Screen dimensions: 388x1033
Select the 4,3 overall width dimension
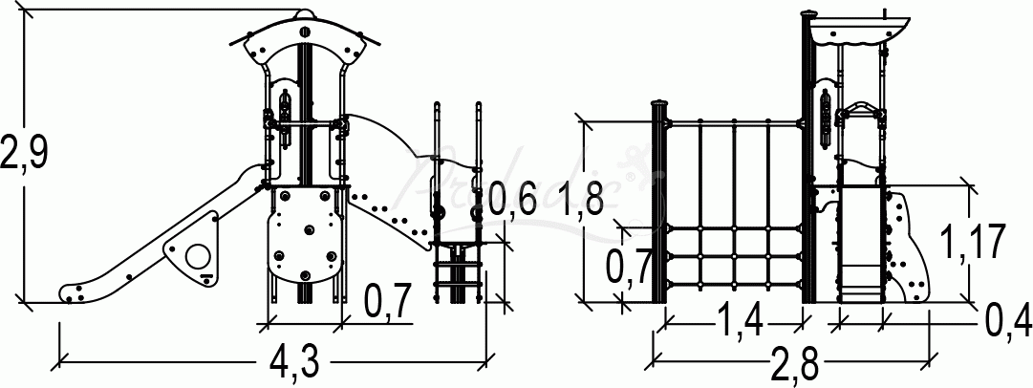pyautogui.click(x=292, y=363)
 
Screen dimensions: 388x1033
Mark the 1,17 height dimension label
pyautogui.click(x=970, y=241)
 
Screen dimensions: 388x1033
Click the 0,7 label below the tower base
pyautogui.click(x=388, y=302)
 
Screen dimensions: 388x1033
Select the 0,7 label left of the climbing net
pyautogui.click(x=631, y=269)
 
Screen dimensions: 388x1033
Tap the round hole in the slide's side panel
pyautogui.click(x=198, y=255)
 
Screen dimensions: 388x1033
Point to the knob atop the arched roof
pyautogui.click(x=305, y=13)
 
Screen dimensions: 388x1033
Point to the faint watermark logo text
pyautogui.click(x=516, y=182)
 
